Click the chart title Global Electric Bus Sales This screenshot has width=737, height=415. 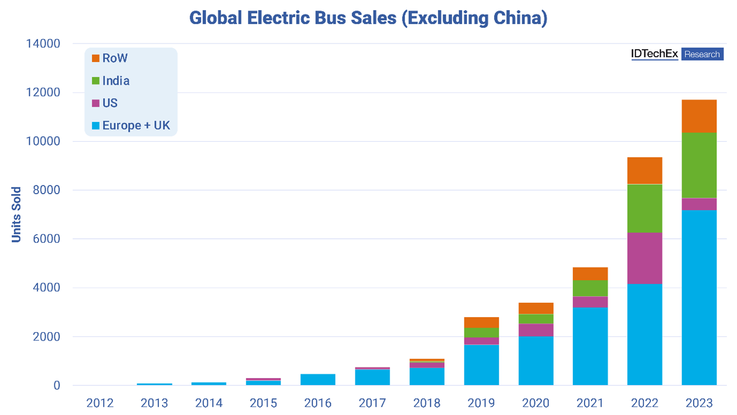point(368,18)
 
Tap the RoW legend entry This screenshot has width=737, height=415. point(110,58)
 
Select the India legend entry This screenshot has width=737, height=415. point(111,81)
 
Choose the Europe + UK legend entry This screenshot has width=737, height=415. point(131,126)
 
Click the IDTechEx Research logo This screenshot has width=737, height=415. point(677,54)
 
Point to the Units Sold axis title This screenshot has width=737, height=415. point(17,214)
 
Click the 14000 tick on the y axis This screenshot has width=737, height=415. point(43,43)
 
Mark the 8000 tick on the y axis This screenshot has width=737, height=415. point(46,190)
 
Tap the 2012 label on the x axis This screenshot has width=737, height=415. point(100,403)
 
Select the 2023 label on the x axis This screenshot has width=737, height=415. point(699,403)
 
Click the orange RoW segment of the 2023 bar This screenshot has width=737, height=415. point(699,116)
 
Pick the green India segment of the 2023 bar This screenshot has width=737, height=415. point(699,165)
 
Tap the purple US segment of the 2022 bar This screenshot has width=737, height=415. point(645,258)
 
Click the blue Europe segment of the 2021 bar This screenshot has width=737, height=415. point(590,346)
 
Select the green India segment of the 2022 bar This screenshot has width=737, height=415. point(645,209)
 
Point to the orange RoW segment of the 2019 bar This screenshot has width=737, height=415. point(482,322)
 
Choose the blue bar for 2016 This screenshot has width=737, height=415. point(318,380)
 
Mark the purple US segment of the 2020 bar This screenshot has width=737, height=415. point(536,330)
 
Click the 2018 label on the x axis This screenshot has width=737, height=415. point(427,403)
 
